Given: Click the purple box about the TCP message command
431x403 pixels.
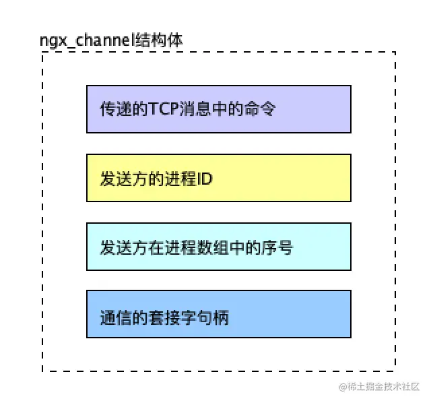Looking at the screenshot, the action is tap(218, 109).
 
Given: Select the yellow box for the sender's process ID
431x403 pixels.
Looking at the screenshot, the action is tap(218, 178).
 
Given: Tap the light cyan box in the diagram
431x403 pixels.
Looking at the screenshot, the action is tap(218, 246).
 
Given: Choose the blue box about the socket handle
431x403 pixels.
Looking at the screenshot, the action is tap(218, 314).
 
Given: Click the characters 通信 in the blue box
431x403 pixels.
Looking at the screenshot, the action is tap(114, 315).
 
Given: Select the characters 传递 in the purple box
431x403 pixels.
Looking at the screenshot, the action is tap(114, 109).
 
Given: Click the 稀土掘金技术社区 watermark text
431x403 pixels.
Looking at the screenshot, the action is tap(384, 387).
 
